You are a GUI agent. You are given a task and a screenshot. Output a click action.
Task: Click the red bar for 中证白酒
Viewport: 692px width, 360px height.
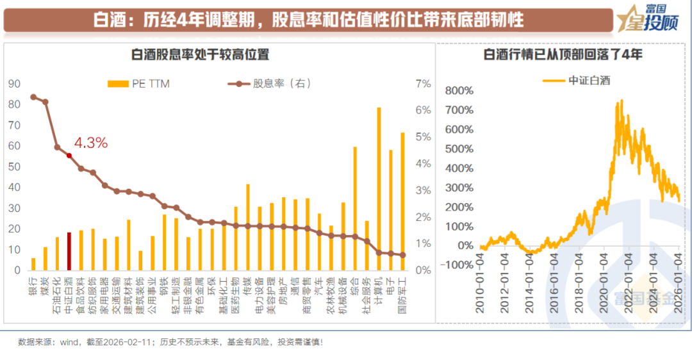pos(69,251)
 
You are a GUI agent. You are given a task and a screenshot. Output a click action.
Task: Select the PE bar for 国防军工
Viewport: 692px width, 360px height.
pos(402,202)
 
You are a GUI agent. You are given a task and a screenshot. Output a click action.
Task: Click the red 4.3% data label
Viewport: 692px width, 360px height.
pos(90,143)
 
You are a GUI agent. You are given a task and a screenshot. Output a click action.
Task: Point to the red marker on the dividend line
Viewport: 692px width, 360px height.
pos(69,155)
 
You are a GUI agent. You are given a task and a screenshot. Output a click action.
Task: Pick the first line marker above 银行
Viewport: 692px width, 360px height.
pos(33,97)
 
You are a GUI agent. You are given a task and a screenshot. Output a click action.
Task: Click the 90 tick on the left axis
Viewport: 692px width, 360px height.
pos(14,83)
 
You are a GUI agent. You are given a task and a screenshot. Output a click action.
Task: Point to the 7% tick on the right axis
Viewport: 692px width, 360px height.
pos(424,83)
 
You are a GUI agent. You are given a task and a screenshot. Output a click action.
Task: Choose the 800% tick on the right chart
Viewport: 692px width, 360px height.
pos(459,90)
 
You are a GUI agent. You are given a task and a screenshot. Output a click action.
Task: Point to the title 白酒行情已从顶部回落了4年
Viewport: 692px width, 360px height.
pos(563,54)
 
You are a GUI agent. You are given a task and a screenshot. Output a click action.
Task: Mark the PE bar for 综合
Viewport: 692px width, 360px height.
pos(355,209)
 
